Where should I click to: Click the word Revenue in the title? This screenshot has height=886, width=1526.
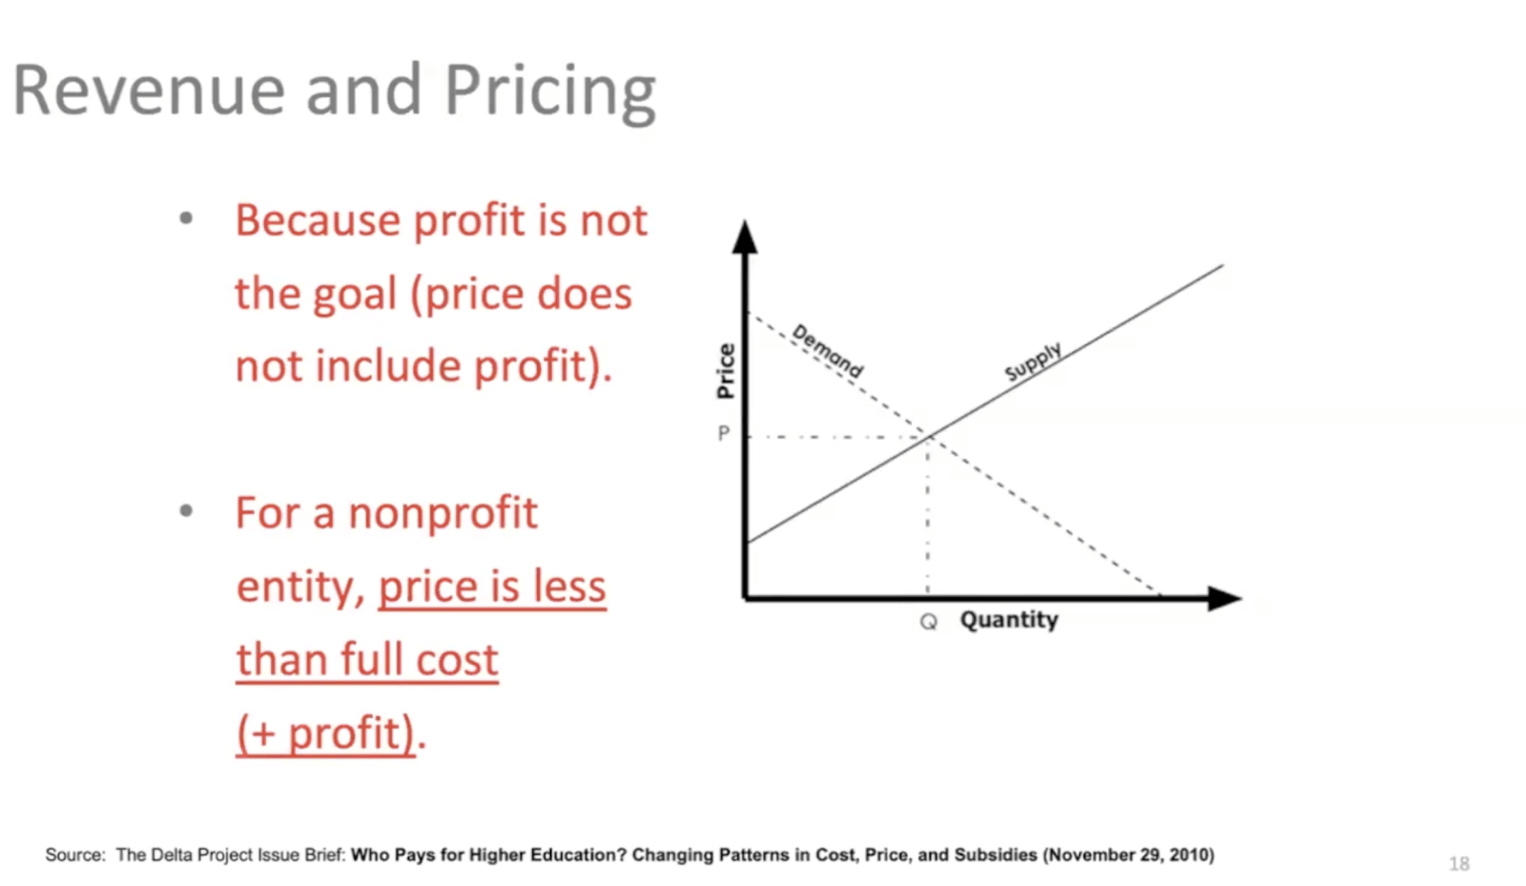[149, 90]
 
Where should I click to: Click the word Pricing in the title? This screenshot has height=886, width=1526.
[550, 93]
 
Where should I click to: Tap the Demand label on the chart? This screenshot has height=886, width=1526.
[827, 351]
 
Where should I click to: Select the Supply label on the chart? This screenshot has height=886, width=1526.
[1034, 361]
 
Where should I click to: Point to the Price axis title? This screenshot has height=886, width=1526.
[726, 370]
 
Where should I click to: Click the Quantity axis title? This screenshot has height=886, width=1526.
[1009, 620]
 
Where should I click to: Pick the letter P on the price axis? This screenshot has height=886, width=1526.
[724, 433]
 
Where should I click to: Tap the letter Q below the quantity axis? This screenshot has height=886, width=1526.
[929, 621]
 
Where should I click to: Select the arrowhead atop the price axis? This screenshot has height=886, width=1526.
[745, 237]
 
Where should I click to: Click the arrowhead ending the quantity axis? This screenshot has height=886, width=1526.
[1225, 598]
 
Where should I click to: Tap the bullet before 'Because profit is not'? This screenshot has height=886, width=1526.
[185, 218]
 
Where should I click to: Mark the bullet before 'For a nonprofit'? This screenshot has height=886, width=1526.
[185, 511]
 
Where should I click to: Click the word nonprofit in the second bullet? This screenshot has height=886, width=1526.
[443, 514]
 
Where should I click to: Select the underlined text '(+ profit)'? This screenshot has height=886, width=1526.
[325, 733]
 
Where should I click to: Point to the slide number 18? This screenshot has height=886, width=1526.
[1458, 863]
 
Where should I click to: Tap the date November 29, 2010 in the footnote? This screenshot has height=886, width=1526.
[1128, 855]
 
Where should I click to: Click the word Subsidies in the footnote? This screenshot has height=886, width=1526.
[996, 855]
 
